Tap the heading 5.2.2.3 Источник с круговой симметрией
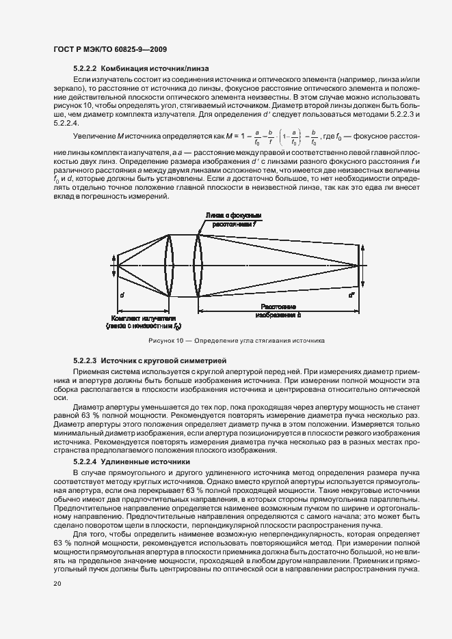146,359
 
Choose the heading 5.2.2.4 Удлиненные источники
131,461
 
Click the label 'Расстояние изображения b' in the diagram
277,312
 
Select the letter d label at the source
121,296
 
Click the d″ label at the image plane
351,296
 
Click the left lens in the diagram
170,266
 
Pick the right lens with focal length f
198,266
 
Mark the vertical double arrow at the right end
363,266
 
